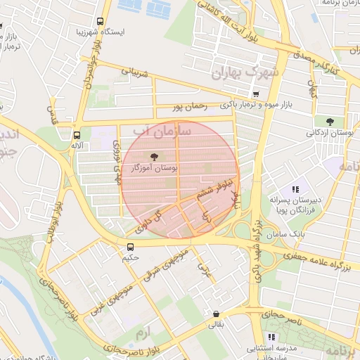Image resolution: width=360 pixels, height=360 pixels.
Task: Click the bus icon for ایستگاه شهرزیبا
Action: click(100, 21)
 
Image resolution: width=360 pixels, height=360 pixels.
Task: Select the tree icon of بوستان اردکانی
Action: click(330, 122)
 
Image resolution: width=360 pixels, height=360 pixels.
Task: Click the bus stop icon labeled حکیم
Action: click(130, 247)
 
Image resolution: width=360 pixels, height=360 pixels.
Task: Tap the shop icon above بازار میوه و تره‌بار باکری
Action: click(256, 94)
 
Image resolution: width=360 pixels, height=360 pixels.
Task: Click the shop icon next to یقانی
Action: click(215, 314)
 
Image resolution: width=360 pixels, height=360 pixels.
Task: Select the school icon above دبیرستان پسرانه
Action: click(295, 189)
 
